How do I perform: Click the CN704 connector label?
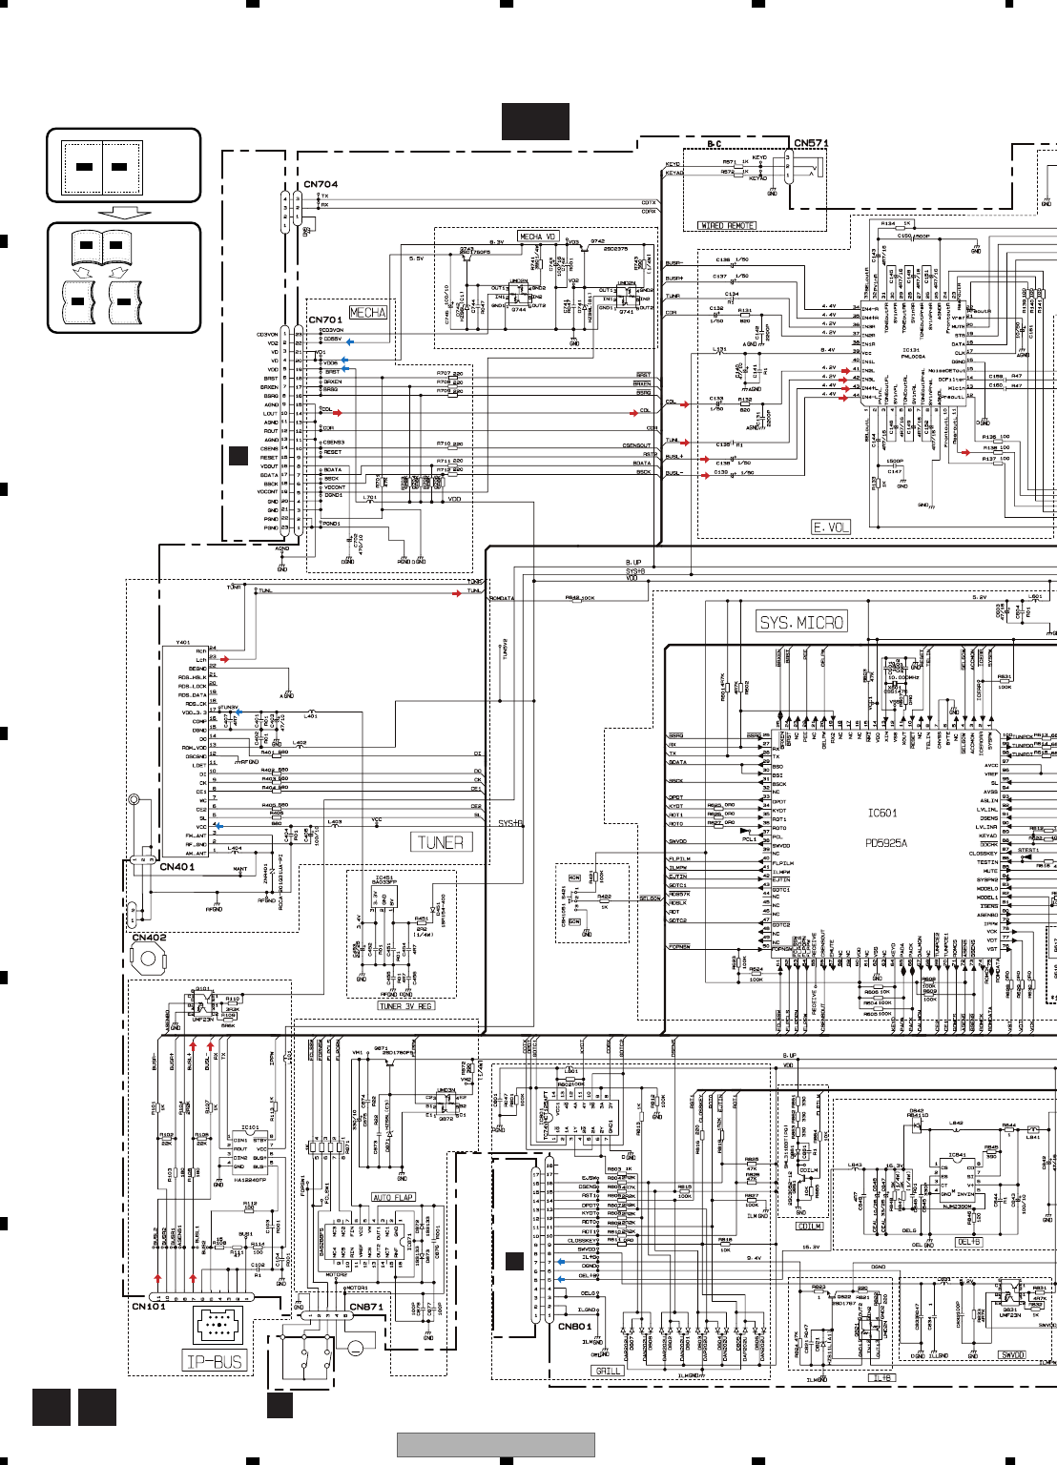coord(321,184)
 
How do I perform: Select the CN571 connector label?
coord(811,143)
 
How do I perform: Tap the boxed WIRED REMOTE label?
coord(727,226)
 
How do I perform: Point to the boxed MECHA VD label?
coord(537,237)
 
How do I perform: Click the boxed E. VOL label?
coord(830,526)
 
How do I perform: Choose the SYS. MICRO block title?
coord(801,622)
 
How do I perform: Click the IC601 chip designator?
coord(882,814)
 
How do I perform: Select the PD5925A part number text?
coord(886,843)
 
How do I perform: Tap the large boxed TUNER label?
coord(440,842)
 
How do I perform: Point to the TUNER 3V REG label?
coord(405,1006)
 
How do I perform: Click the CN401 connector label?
coord(176,867)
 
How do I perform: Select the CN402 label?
coord(149,938)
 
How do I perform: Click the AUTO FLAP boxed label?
coord(393,1197)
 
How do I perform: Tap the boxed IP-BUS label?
coord(215,1361)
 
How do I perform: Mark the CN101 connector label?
coord(148,1307)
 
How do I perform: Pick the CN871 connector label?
coord(366,1307)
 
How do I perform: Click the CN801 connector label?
coord(574,1326)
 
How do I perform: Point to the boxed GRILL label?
coord(608,1371)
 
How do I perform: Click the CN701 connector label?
coord(324,320)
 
